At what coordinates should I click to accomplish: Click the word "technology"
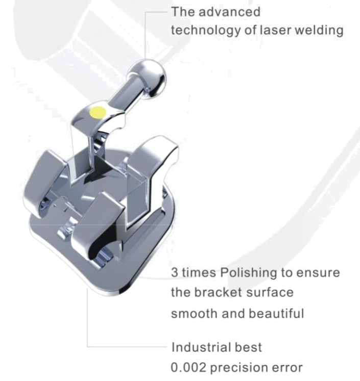click(201, 30)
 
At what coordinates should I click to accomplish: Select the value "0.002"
click(190, 368)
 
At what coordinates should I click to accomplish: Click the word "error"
click(290, 368)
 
